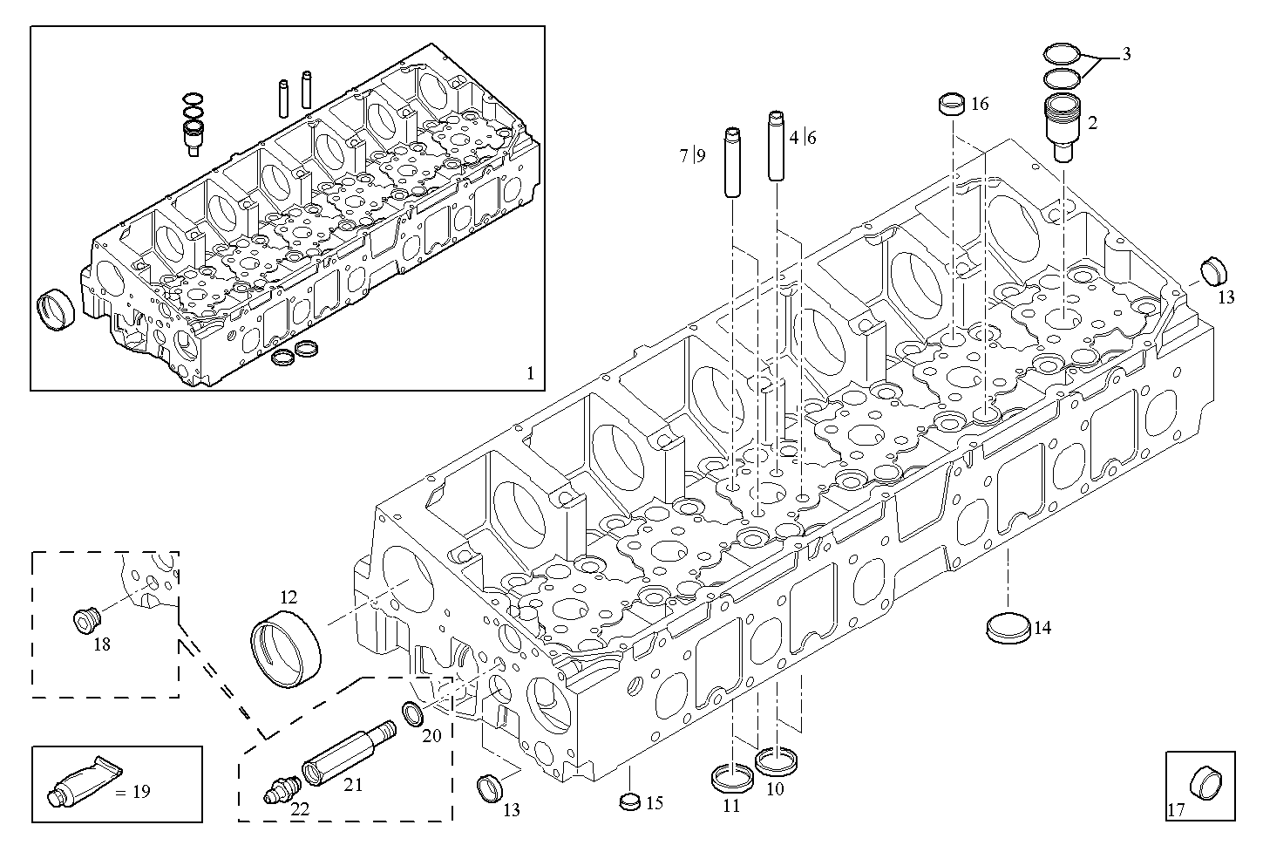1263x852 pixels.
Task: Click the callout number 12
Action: tap(289, 597)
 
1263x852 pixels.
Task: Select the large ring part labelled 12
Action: tap(285, 650)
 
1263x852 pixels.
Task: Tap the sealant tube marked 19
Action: tap(84, 781)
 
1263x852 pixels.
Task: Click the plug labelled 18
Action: tap(87, 620)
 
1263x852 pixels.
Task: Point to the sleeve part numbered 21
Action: tap(349, 752)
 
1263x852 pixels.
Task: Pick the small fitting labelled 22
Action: tap(280, 789)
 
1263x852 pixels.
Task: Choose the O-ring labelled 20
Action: tap(414, 714)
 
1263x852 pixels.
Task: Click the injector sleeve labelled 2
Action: tap(1063, 128)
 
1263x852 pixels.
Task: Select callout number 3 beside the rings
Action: tap(1126, 54)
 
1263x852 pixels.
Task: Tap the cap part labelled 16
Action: tap(951, 104)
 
